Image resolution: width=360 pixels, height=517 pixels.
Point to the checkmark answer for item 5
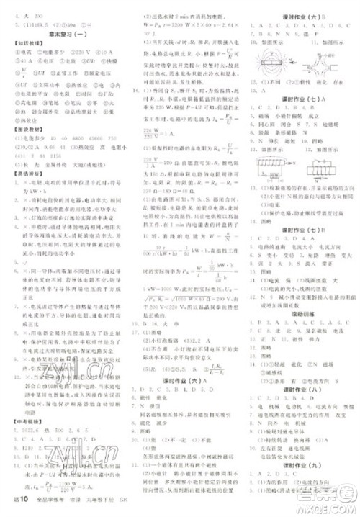14,259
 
